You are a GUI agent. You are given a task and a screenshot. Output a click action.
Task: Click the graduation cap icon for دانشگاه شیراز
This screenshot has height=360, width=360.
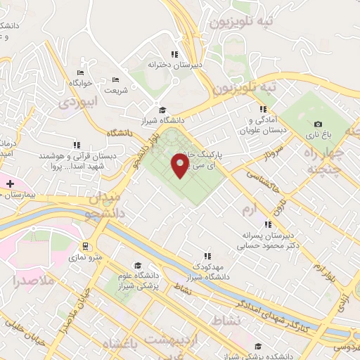[163, 109]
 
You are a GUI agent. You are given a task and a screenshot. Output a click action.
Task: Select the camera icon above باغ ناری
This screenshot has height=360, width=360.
[318, 124]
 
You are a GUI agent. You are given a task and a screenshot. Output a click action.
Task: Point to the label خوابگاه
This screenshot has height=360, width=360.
[81, 82]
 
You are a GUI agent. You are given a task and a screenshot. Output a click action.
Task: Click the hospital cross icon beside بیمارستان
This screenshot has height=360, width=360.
[10, 184]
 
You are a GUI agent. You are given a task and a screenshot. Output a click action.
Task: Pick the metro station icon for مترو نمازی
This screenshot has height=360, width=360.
[86, 246]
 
